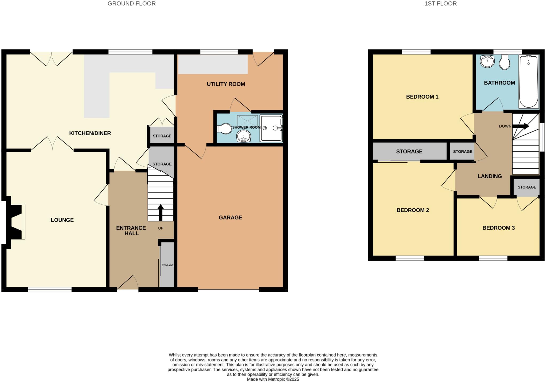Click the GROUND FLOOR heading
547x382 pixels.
coord(131,4)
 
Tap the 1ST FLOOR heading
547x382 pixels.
coord(440,4)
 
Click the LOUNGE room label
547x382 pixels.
coord(62,220)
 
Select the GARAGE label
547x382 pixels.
coord(230,218)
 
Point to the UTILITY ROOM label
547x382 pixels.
coord(226,84)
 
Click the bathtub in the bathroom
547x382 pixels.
coord(529,82)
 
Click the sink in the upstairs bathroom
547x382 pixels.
coord(487,61)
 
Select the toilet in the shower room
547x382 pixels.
coord(225,129)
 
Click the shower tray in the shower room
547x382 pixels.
coord(271,128)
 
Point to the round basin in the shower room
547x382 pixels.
coord(243,137)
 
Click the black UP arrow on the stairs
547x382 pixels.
coord(161,212)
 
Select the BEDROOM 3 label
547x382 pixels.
coord(498,228)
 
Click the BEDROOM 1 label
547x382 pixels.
coord(422,97)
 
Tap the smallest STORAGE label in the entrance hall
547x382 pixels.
coord(167,265)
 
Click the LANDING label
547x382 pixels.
coord(490,176)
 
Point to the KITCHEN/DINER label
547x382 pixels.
coord(90,133)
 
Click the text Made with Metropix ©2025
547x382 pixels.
coord(273,379)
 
